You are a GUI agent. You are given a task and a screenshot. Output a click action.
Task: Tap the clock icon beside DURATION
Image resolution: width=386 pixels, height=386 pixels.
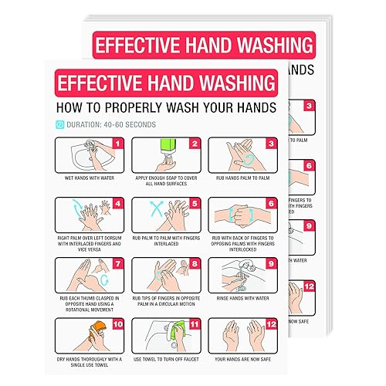click(60, 124)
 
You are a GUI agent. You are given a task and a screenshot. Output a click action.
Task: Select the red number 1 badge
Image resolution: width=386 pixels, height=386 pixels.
click(117, 143)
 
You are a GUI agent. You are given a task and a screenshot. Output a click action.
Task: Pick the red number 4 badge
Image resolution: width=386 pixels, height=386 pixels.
click(117, 204)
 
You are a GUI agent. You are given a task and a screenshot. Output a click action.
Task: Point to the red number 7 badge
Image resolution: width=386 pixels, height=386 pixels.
click(117, 262)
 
